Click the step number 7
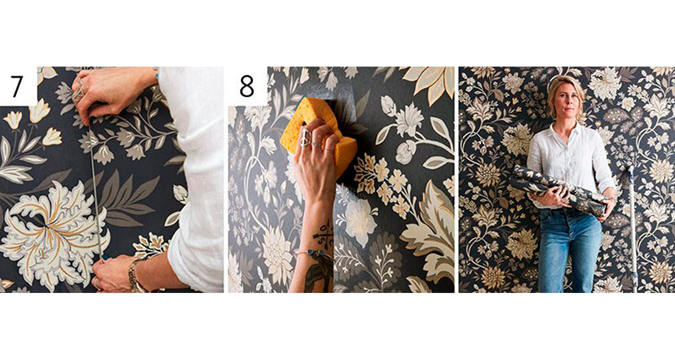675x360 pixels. (x=17, y=86)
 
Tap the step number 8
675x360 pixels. (x=247, y=86)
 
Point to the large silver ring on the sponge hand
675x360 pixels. (x=305, y=138)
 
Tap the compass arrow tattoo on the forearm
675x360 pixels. (x=323, y=234)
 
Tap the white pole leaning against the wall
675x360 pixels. (x=632, y=229)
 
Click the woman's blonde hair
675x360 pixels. (x=565, y=94)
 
